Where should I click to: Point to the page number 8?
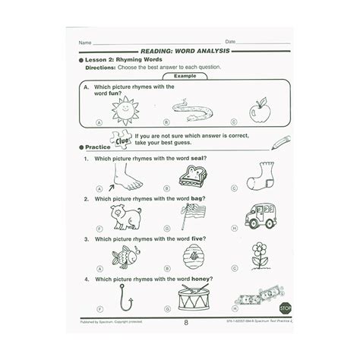(181, 327)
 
